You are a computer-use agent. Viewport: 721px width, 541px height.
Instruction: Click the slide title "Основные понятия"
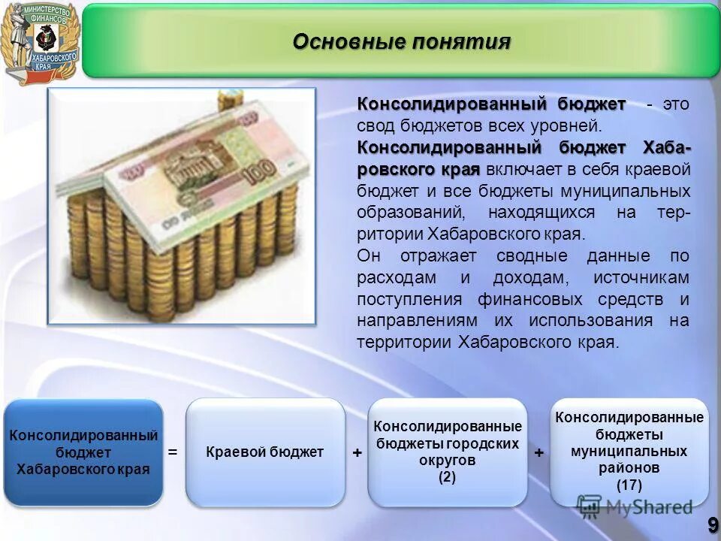(401, 41)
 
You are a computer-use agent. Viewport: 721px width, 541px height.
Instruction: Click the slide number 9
(710, 524)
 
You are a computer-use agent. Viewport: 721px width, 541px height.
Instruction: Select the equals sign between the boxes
(173, 452)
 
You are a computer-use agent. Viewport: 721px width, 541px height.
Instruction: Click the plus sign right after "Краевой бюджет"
(357, 453)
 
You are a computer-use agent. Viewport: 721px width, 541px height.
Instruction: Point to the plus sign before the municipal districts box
(539, 453)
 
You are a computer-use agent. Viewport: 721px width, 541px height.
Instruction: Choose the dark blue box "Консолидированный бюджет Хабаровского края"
(83, 452)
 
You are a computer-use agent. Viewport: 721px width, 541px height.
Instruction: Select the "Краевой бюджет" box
(265, 452)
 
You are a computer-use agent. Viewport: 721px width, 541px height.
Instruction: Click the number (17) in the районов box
(629, 485)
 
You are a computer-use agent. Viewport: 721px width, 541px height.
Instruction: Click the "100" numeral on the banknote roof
(260, 176)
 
